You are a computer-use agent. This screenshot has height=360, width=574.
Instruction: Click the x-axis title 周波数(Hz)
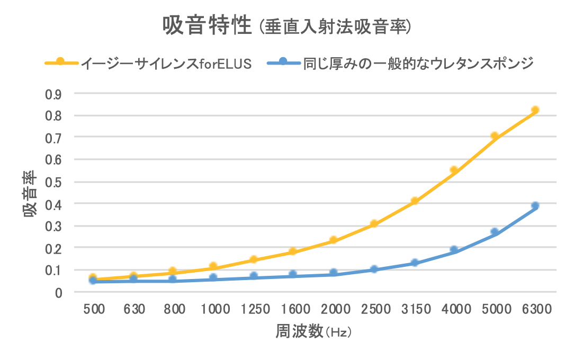point(313,332)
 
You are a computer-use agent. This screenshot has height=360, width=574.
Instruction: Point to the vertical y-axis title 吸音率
point(30,193)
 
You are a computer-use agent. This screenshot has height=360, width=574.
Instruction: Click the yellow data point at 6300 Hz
point(535,110)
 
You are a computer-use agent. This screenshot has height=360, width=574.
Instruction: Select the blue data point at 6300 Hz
point(535,205)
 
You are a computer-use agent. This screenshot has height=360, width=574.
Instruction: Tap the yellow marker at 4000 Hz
point(454,170)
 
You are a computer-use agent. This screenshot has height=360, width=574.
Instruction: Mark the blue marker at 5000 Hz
point(495,232)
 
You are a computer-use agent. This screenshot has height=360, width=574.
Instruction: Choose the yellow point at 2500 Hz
point(374,224)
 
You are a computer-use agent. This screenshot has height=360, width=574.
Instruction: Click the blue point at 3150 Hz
point(415,263)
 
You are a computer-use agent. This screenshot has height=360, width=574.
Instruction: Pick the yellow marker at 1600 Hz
point(293,251)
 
